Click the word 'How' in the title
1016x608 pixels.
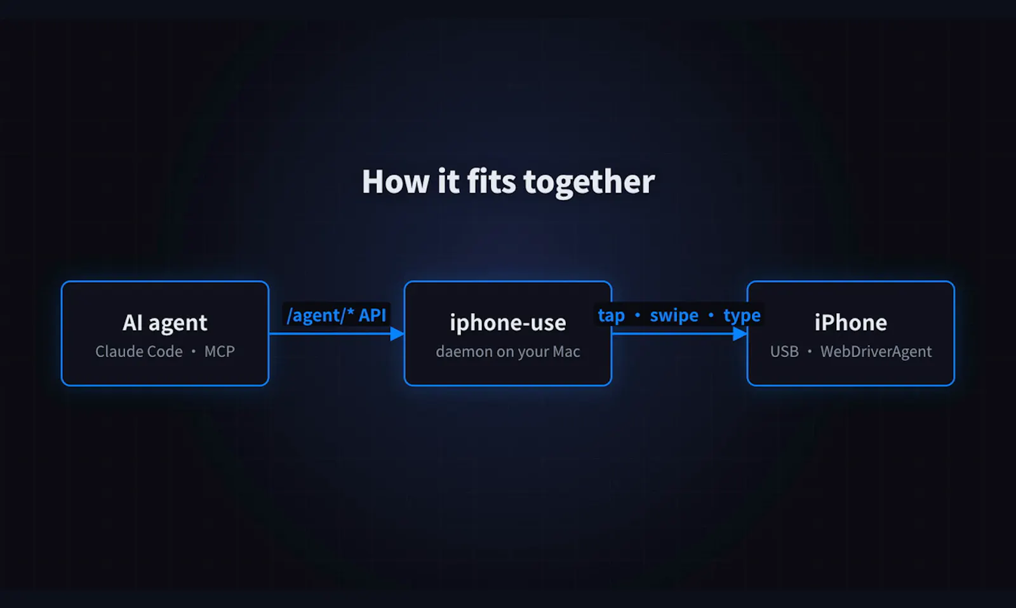[396, 182]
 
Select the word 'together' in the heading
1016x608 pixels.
[589, 183]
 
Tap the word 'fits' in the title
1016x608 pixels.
[491, 182]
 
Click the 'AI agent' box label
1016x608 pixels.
[165, 323]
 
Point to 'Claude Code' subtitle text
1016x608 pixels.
[139, 351]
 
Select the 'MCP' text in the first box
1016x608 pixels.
[220, 351]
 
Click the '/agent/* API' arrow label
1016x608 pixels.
[336, 315]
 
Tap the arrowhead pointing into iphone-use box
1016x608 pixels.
[397, 334]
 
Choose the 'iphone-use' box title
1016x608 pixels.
[508, 323]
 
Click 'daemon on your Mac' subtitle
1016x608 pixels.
[508, 351]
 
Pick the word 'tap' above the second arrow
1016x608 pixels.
[612, 316]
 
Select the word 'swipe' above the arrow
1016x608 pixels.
[674, 315]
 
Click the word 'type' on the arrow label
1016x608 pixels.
[742, 316]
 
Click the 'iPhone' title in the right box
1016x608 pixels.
[851, 323]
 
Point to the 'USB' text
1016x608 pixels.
[784, 351]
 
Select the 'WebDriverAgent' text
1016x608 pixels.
[876, 351]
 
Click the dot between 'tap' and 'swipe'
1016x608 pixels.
[638, 315]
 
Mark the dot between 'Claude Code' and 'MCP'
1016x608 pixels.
[193, 351]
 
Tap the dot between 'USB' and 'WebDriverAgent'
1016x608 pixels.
[809, 351]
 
